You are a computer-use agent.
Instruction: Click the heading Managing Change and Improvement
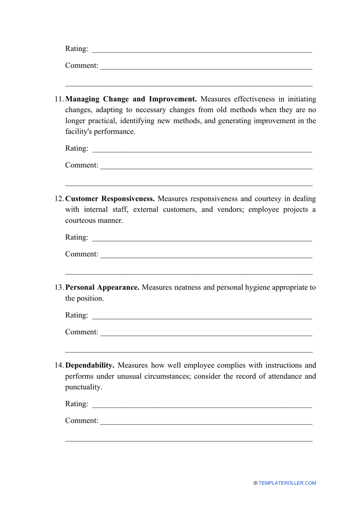click(x=131, y=99)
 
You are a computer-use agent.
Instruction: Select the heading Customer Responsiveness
click(x=110, y=199)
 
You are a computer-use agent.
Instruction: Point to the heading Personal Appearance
click(x=102, y=288)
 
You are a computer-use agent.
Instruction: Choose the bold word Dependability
click(x=90, y=365)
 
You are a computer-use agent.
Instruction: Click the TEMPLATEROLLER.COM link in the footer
click(x=287, y=483)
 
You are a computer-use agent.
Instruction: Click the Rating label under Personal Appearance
click(x=77, y=315)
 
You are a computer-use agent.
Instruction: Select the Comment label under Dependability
click(x=81, y=421)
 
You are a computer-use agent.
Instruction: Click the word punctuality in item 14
click(x=83, y=387)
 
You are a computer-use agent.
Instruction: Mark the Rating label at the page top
click(x=77, y=49)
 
